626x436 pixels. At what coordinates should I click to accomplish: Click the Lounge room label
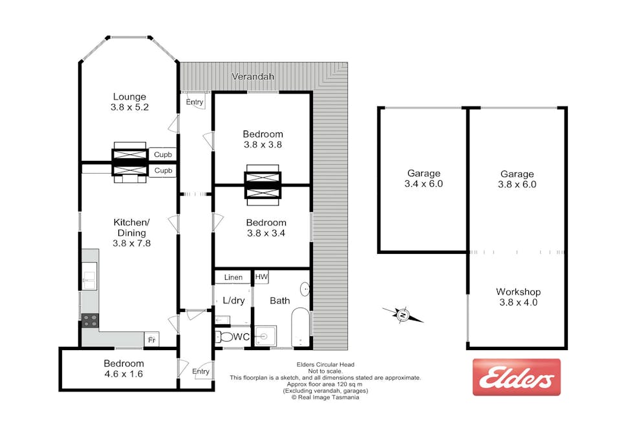tap(129, 97)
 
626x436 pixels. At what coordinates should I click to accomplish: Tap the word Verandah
tap(253, 77)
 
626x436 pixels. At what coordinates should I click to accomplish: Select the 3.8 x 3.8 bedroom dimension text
tap(263, 145)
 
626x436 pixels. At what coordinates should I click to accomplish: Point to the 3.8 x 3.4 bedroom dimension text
tap(265, 233)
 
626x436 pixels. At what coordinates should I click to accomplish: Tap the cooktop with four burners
tap(89, 318)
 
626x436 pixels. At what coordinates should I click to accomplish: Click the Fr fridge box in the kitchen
tap(151, 339)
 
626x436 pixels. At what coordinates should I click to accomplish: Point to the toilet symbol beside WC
tap(224, 337)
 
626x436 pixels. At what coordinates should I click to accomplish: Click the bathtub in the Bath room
tap(301, 326)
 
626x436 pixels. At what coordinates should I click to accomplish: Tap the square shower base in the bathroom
tap(265, 336)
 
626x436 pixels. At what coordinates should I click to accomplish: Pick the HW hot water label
tap(261, 276)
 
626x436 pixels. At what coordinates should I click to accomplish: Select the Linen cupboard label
tap(233, 277)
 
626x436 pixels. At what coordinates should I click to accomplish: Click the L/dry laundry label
tap(233, 301)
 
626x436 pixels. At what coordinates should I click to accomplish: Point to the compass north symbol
tap(402, 315)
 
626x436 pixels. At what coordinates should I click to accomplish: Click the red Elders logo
tap(516, 377)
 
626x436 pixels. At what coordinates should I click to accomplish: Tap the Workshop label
tap(517, 292)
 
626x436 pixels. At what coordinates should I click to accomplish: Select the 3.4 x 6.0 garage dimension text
tap(424, 183)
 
